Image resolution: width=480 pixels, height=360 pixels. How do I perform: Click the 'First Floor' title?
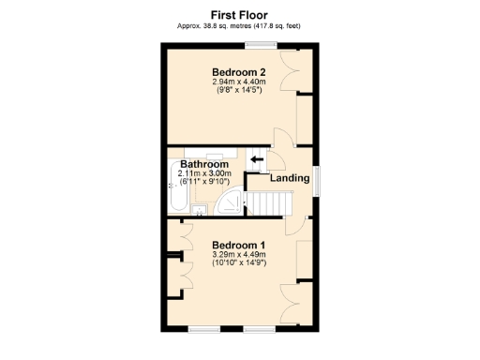[239, 15]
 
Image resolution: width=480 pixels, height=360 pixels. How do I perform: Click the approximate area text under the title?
[239, 26]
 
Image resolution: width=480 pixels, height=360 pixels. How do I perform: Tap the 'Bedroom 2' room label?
[238, 73]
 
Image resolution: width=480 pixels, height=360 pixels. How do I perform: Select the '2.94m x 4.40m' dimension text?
[238, 82]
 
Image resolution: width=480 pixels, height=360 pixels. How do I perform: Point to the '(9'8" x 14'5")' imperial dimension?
[238, 91]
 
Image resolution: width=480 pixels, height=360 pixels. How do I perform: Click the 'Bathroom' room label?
[204, 164]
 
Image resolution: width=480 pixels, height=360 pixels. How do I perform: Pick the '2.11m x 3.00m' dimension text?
[204, 173]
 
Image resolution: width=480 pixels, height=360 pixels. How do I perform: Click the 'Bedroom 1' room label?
[238, 245]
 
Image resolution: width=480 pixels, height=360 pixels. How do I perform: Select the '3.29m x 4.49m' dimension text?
[238, 254]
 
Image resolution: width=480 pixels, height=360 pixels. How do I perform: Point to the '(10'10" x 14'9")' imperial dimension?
[238, 263]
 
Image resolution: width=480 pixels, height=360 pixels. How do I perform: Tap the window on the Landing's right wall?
[316, 181]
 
